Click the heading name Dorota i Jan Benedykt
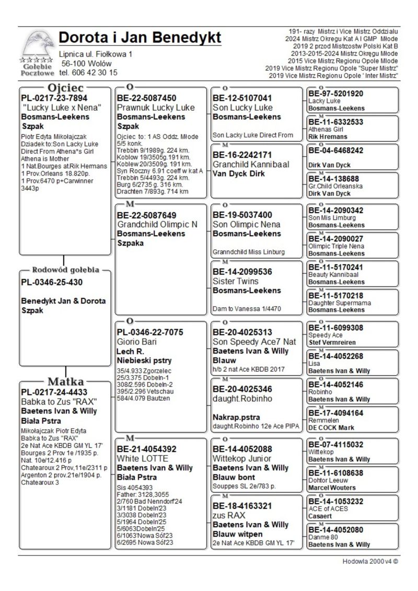140,38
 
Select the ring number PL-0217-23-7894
54,98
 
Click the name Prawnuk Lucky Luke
156,108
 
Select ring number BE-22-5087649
146,215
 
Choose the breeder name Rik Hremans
328,136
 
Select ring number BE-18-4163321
242,506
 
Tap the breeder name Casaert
320,515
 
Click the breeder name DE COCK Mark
331,427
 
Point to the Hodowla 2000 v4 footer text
368,561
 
